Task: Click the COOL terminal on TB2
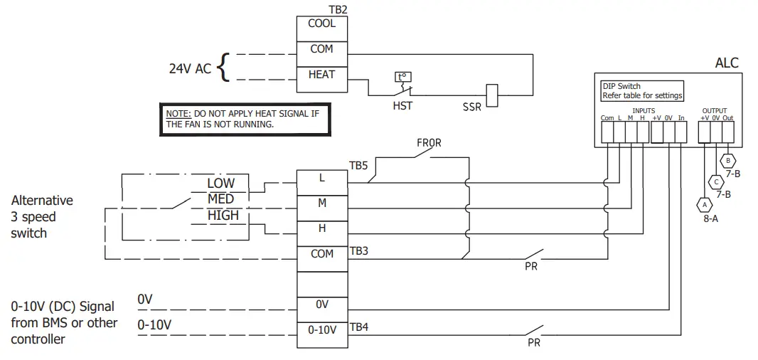click(x=321, y=23)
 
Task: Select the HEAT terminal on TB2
click(x=321, y=75)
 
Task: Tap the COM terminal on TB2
click(x=321, y=49)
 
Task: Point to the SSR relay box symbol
click(x=491, y=95)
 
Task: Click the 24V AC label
click(x=190, y=69)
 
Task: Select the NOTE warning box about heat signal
click(x=245, y=119)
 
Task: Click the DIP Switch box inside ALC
click(x=642, y=91)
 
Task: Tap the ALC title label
click(x=726, y=63)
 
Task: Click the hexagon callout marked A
click(x=705, y=203)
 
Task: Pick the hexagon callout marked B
click(x=728, y=160)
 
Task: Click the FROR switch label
click(x=429, y=143)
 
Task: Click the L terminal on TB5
click(x=321, y=178)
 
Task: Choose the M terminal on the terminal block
click(x=321, y=203)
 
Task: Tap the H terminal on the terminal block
click(x=321, y=228)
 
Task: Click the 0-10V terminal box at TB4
click(x=321, y=330)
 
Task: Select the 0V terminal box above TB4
click(x=321, y=305)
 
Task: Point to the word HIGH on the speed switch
click(x=223, y=215)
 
